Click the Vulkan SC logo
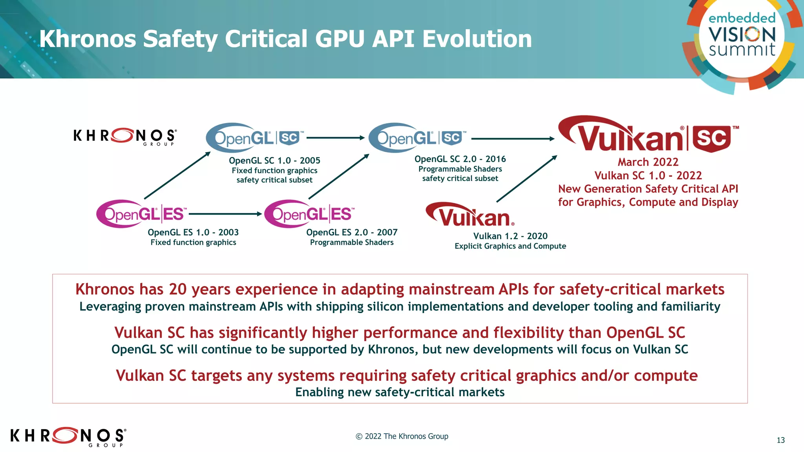(x=648, y=135)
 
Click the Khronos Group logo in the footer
(x=68, y=436)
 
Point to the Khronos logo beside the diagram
(x=125, y=137)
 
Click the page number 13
(x=780, y=440)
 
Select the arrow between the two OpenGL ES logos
(x=225, y=214)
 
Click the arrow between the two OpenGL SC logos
(x=336, y=138)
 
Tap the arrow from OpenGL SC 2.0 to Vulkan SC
(x=512, y=139)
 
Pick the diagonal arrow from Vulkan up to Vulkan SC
(x=527, y=179)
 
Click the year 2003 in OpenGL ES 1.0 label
(x=228, y=232)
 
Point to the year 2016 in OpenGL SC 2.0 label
(x=495, y=159)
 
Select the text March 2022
(x=648, y=162)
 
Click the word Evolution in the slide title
(x=477, y=39)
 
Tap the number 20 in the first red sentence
(x=177, y=289)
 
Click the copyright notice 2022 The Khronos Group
(x=402, y=436)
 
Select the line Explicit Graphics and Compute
(x=510, y=246)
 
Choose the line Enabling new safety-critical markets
(x=400, y=392)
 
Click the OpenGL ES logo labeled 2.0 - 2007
(x=309, y=214)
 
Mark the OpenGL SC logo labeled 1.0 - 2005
(x=254, y=138)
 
